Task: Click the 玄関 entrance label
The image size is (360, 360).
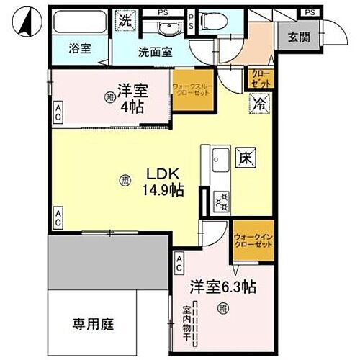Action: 298,38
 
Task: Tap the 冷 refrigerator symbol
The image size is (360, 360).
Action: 258,103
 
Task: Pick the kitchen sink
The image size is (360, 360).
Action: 218,156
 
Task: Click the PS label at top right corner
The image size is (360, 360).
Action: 310,12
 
